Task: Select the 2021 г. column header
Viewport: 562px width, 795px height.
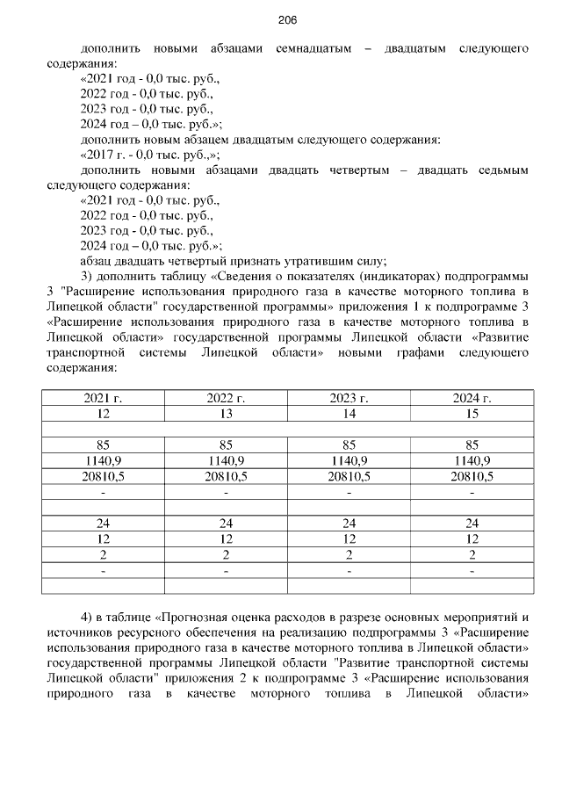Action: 103,398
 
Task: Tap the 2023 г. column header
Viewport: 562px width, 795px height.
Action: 349,398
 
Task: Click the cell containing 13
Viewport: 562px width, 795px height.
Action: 226,413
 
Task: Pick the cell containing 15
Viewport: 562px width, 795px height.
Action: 472,413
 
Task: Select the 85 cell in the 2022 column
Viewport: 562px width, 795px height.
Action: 226,444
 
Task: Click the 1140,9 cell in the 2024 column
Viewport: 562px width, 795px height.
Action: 472,460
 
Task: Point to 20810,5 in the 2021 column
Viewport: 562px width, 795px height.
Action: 103,476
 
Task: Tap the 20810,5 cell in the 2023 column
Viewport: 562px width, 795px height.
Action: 349,476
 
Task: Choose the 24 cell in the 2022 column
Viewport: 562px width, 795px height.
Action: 226,524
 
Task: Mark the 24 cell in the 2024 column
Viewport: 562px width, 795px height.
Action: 472,524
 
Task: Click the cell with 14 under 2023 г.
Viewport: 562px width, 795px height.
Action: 349,413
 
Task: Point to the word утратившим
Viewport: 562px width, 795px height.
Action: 324,260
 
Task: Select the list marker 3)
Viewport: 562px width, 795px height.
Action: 87,276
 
